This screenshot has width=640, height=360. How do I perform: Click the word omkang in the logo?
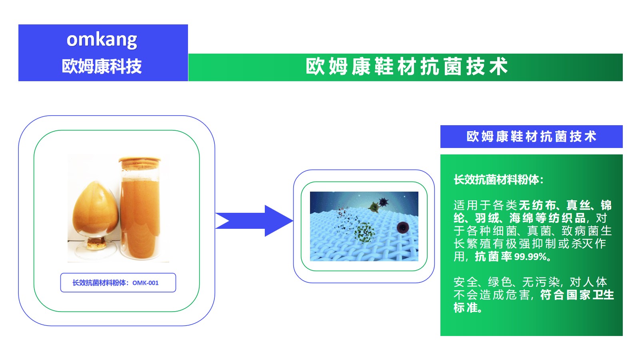tap(102, 40)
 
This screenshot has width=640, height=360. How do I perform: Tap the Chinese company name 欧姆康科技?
tap(102, 66)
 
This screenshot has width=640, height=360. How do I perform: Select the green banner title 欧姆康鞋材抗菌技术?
tap(406, 66)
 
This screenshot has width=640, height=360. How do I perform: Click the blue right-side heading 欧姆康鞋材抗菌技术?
tap(532, 136)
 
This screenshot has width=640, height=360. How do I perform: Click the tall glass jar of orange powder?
tap(140, 208)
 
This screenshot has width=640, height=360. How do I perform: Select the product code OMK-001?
tap(146, 283)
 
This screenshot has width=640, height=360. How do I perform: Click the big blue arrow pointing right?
tap(254, 221)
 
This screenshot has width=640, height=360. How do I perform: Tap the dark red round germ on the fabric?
tap(402, 228)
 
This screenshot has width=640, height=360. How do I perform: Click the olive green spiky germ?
tap(374, 207)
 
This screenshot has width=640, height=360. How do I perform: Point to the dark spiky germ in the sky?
tap(384, 202)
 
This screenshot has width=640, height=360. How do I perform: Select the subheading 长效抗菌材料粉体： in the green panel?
tap(498, 180)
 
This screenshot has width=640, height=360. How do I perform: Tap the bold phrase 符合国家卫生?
tap(577, 295)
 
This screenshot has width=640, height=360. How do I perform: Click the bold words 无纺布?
tap(538, 205)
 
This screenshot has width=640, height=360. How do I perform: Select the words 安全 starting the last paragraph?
tap(466, 282)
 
